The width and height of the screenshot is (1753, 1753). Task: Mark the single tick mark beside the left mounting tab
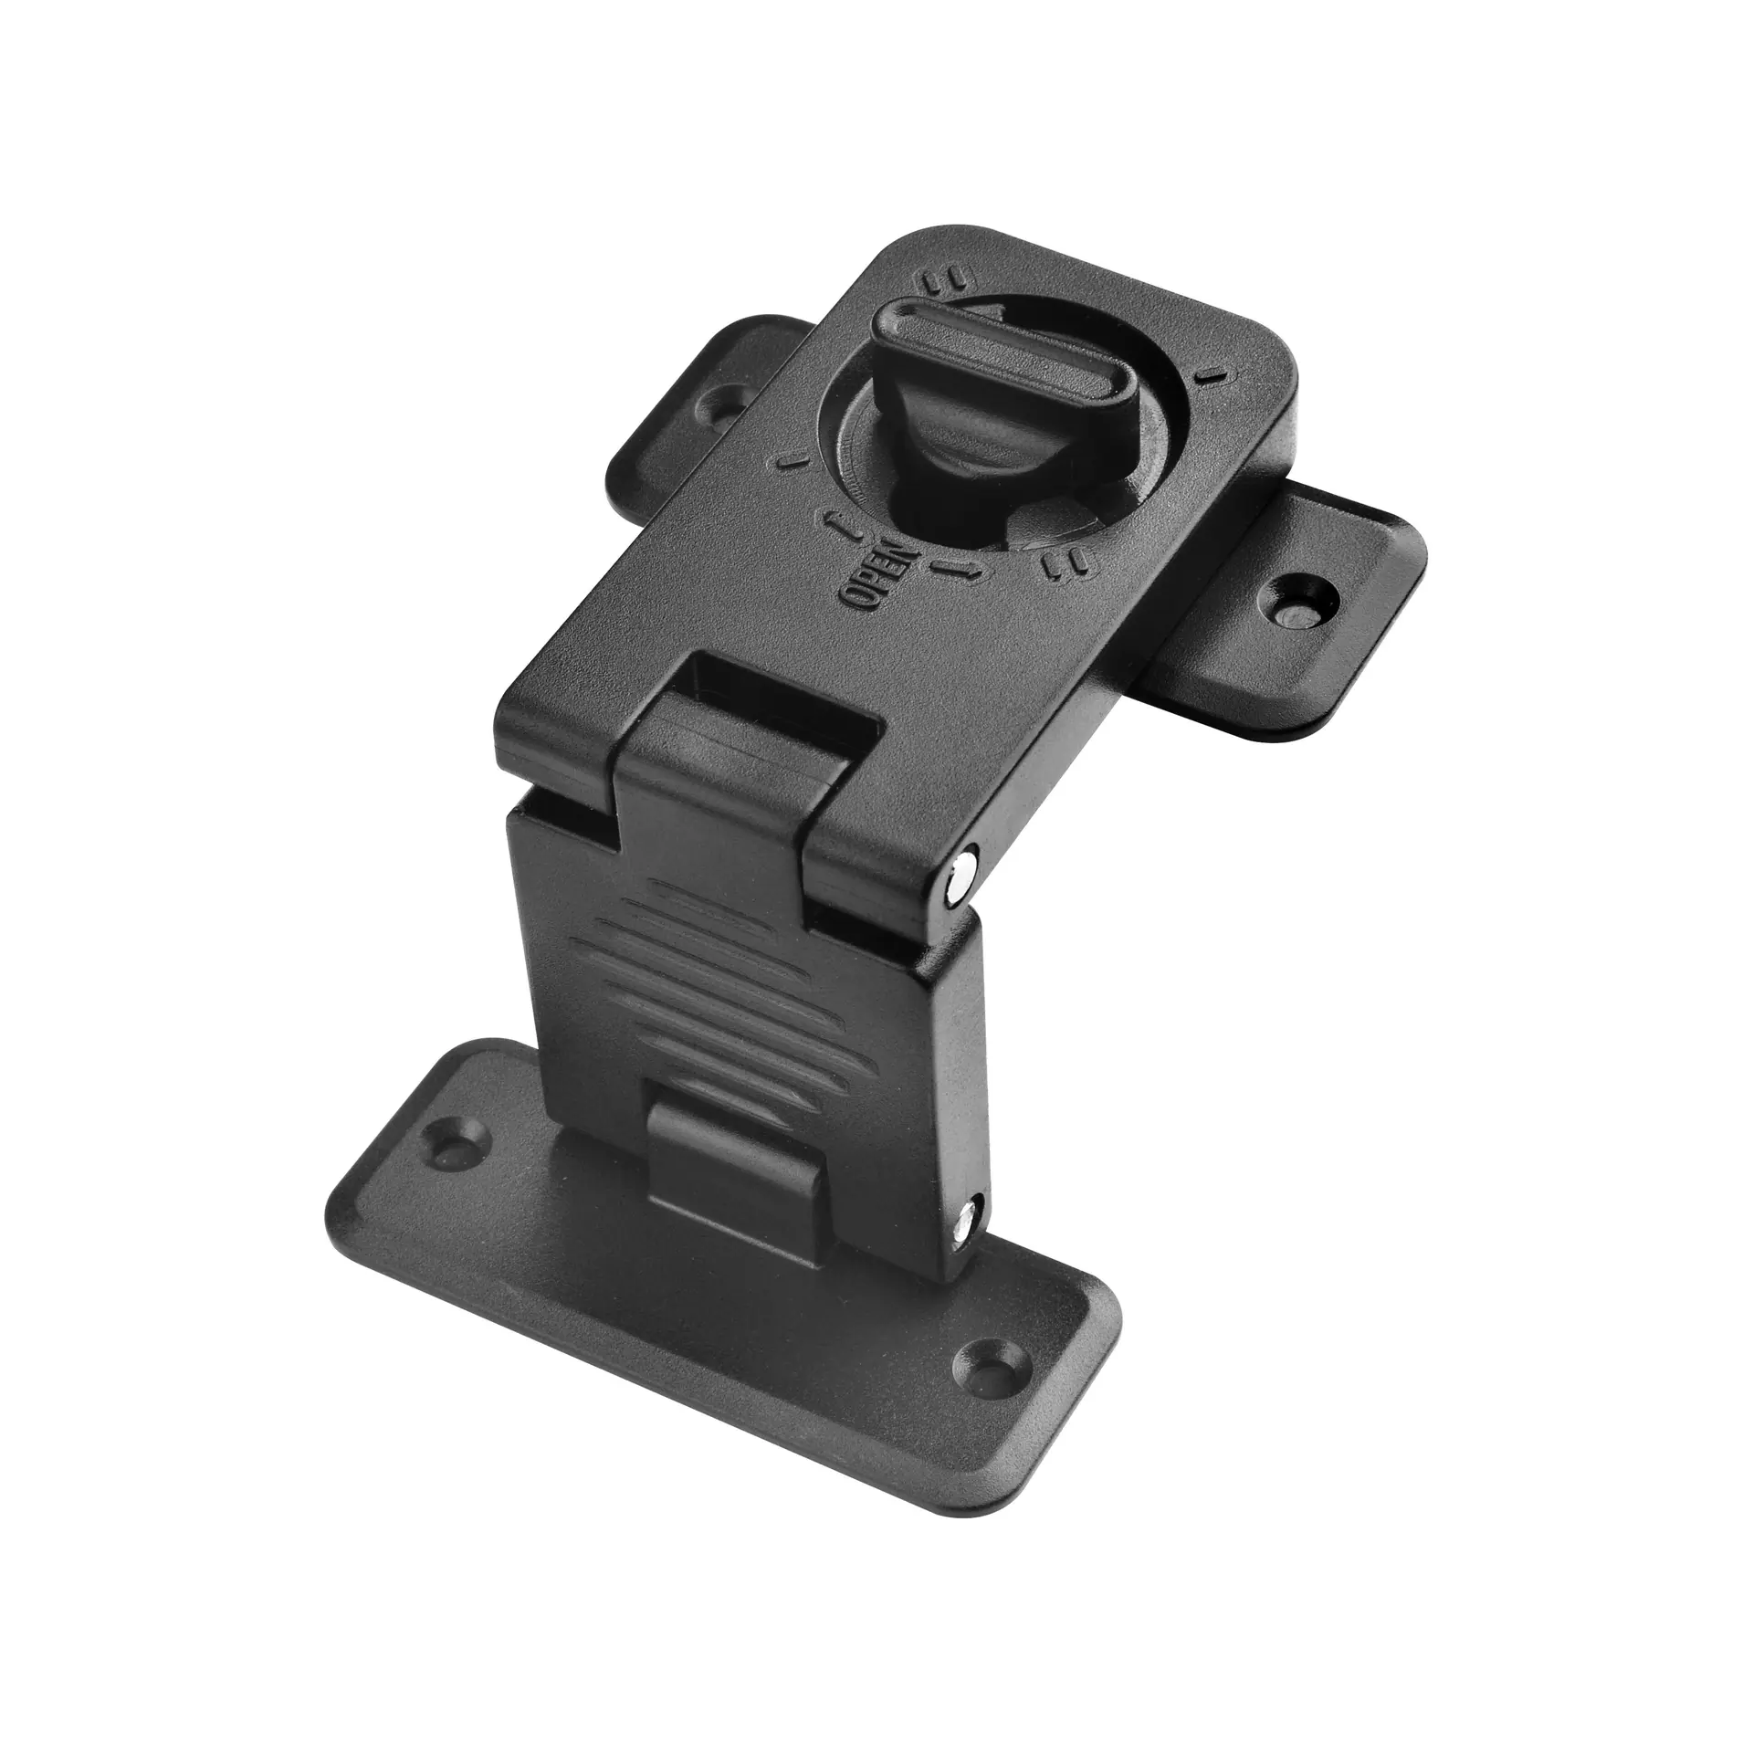pos(791,462)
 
